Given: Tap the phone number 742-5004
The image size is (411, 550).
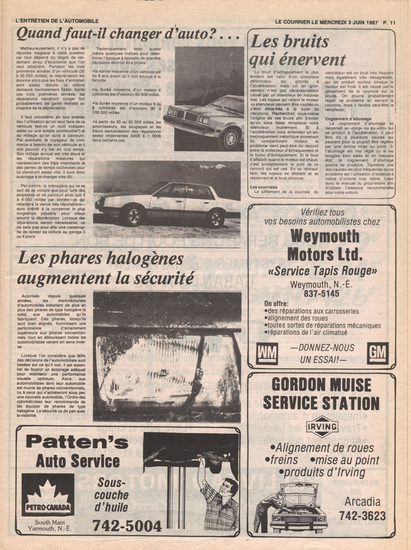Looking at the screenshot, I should pos(127,526).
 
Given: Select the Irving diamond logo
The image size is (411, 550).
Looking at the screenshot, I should pos(322,427).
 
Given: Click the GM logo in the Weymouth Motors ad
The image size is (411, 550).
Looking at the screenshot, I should pos(377,352).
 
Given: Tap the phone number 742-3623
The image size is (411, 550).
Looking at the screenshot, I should pos(362,516).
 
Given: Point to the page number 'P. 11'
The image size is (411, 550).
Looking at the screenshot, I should pos(390,22).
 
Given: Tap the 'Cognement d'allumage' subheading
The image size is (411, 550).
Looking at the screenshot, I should pos(348,119).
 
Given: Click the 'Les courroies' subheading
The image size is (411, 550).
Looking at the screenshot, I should pos(264,187).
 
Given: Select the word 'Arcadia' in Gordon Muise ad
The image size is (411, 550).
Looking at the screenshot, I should pos(362,501).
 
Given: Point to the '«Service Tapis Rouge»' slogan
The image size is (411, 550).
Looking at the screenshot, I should pos(322,271).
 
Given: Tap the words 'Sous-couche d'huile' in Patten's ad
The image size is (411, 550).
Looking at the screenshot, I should pos(111,495).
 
